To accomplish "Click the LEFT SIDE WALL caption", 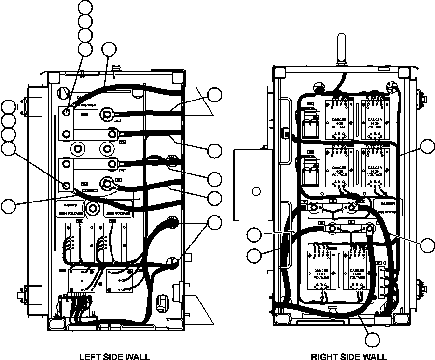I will pos(114,357).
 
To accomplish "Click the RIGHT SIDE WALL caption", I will pos(348,357).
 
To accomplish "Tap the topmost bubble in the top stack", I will pos(85,7).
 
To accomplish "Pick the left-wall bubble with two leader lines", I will pos(214,222).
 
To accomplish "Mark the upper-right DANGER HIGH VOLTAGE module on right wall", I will pos(375,119).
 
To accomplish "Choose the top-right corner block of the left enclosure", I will pos(178,76).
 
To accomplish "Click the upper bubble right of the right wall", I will pos(427,146).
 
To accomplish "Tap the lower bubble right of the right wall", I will pos(427,245).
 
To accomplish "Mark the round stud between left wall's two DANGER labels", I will pos(92,209).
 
